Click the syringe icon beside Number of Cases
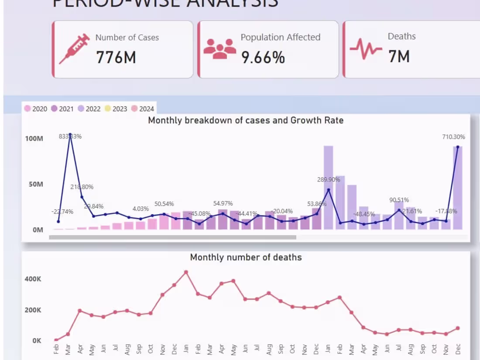75,49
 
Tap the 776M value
116,57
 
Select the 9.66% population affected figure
263,57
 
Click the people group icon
219,49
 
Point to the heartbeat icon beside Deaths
366,49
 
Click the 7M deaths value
399,57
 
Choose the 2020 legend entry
36,109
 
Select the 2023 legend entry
116,109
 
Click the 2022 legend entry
89,109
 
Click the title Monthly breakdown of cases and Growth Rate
246,120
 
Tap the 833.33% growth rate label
70,137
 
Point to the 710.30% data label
453,137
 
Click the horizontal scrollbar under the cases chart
172,237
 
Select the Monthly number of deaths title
246,257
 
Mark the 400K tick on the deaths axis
33,279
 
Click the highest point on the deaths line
186,272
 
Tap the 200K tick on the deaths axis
33,310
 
